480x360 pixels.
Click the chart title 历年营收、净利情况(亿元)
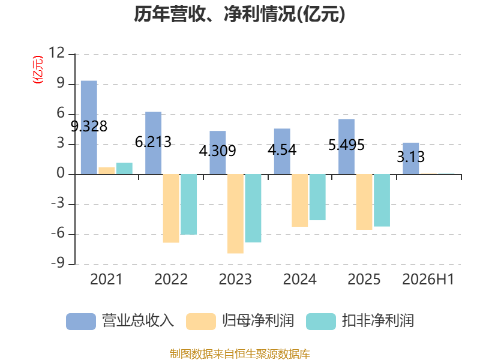pos(239,14)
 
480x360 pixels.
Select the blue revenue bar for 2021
pos(89,127)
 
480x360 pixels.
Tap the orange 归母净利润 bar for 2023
pos(235,214)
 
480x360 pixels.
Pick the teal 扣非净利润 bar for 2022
pos(188,205)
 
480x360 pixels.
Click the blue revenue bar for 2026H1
pos(411,158)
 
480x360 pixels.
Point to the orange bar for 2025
pos(364,202)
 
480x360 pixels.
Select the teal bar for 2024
pos(317,197)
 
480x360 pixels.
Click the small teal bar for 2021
pos(124,169)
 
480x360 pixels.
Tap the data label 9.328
pos(89,126)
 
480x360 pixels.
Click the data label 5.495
pos(347,145)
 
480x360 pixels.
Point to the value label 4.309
pos(218,151)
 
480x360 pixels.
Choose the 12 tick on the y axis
pos(57,53)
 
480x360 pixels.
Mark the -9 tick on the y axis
pos(58,263)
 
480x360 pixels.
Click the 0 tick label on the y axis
pos(61,173)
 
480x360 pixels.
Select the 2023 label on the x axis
pos(235,279)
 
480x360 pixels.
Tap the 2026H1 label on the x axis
pos(428,279)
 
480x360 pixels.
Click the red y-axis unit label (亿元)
pos(38,70)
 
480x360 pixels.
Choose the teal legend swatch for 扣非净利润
pos(321,322)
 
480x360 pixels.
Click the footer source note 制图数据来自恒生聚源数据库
pos(240,354)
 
